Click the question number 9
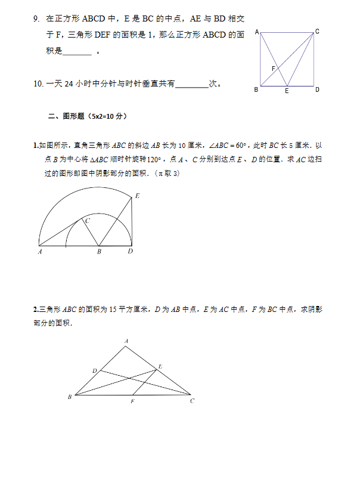tap(37, 18)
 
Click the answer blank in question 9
tap(77, 52)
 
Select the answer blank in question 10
tap(192, 85)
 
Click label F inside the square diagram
tap(273, 69)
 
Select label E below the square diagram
tap(287, 91)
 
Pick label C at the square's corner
tap(317, 31)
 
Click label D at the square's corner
tap(317, 89)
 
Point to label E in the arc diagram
tap(137, 196)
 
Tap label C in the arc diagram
tap(87, 221)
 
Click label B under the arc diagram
tap(99, 252)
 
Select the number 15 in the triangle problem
tap(113, 310)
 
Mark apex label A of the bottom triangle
tap(126, 341)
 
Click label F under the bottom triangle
tap(132, 401)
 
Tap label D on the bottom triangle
tap(94, 371)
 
